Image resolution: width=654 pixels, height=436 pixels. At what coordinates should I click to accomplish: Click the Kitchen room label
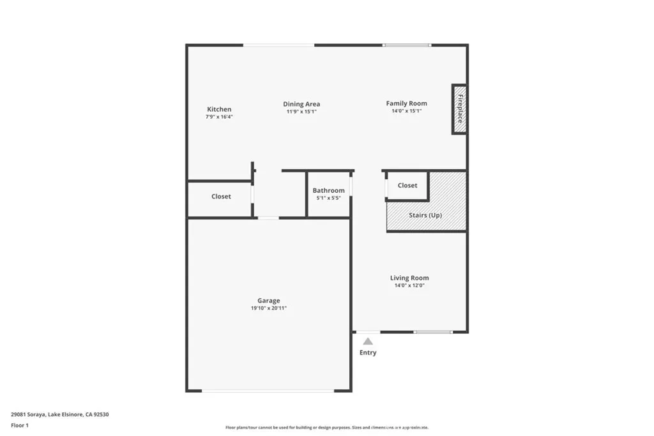point(219,109)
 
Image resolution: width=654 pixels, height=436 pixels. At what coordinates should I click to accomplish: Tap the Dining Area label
point(301,104)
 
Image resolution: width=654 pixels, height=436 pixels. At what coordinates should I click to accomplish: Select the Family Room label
point(406,103)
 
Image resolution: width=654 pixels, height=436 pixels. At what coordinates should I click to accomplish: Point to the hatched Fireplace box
point(459,109)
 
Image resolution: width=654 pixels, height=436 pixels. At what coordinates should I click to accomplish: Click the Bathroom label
point(328,190)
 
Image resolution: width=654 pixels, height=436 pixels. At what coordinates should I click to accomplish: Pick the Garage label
point(268,301)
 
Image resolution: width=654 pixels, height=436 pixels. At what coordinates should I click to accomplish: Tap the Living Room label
point(409,278)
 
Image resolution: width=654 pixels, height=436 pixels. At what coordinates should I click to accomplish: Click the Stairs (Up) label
point(425,215)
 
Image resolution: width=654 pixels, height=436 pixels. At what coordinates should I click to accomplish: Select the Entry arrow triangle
point(368,342)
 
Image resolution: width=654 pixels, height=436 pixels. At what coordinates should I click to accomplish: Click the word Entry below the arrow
point(368,352)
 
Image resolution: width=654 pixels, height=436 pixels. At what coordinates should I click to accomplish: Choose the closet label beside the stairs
point(407,185)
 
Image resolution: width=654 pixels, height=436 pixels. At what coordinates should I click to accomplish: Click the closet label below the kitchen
point(221,197)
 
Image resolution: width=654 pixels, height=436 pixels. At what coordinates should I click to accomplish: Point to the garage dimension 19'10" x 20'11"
point(268,308)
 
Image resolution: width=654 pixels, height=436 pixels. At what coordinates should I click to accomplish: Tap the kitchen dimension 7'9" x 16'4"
point(219,117)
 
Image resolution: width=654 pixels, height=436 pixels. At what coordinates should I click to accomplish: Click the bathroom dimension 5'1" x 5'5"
point(328,198)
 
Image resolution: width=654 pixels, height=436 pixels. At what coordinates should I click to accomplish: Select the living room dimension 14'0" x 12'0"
point(409,285)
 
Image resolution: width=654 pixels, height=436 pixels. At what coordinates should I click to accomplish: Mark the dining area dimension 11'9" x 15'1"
point(301,112)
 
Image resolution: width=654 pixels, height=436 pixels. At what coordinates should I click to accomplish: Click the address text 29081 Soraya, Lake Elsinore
point(60,414)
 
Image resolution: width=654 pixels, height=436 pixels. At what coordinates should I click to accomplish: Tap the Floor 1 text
point(20,425)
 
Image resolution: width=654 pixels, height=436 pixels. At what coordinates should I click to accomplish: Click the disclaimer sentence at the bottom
point(326,428)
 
